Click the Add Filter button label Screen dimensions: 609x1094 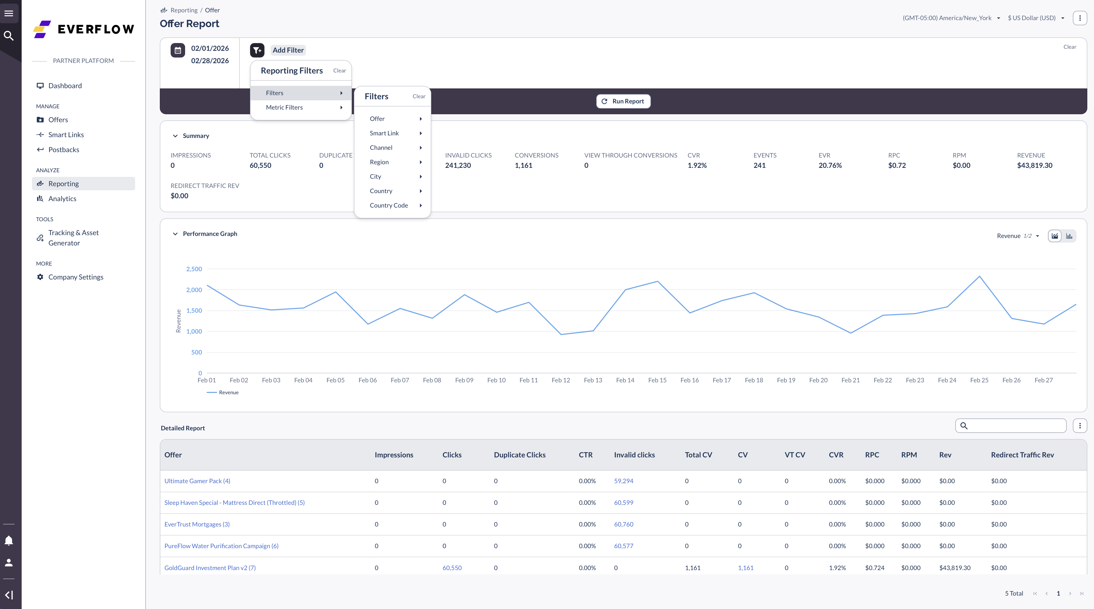(288, 50)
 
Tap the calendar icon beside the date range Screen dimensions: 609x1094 (178, 50)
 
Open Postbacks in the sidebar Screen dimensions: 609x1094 (64, 150)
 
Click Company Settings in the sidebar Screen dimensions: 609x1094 (76, 277)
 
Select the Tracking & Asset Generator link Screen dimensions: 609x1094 (73, 238)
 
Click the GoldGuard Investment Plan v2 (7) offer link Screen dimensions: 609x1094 (210, 568)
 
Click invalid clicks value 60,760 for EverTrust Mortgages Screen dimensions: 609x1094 (624, 524)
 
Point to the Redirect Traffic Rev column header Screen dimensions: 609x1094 (1022, 455)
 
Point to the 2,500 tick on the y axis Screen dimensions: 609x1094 (194, 269)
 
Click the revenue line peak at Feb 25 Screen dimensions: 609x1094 (979, 276)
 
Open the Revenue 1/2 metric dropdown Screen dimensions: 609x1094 (1017, 236)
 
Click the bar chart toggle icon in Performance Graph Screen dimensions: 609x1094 (1069, 236)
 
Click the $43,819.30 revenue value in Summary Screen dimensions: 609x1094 (1034, 166)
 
